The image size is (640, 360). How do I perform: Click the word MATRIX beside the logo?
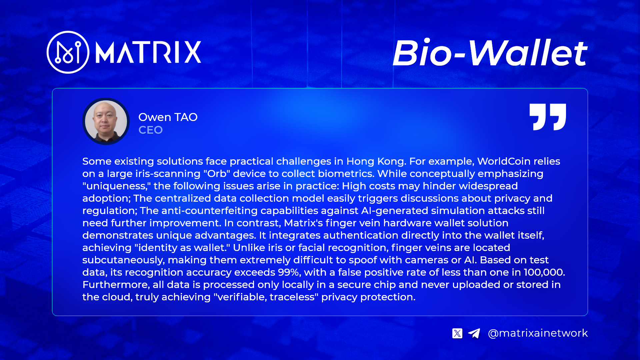click(148, 52)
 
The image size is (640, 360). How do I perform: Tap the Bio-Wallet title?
click(490, 53)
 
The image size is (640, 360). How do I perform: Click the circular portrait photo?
click(106, 121)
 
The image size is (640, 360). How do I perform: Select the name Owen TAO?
click(168, 117)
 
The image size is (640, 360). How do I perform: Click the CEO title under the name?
click(151, 130)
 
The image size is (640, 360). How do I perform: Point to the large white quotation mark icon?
click(548, 117)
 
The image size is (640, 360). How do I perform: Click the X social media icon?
click(457, 333)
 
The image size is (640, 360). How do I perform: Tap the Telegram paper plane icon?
click(474, 333)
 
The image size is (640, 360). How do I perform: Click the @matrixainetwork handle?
click(538, 333)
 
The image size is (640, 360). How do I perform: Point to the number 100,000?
click(544, 272)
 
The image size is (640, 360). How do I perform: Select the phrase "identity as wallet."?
click(182, 248)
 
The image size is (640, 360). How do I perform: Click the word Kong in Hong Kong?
click(392, 161)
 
